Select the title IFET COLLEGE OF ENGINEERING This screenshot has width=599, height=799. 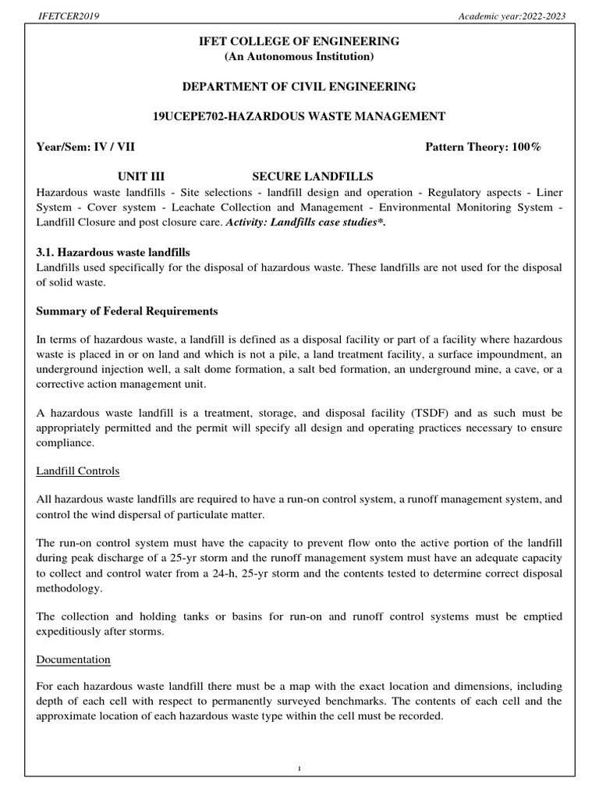(299, 41)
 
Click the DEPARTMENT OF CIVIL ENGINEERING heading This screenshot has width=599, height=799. (299, 86)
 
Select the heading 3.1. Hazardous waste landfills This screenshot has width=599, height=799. (113, 253)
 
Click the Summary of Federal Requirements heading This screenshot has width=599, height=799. (127, 311)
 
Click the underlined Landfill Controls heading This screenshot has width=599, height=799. (78, 471)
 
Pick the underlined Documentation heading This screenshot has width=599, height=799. (73, 659)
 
